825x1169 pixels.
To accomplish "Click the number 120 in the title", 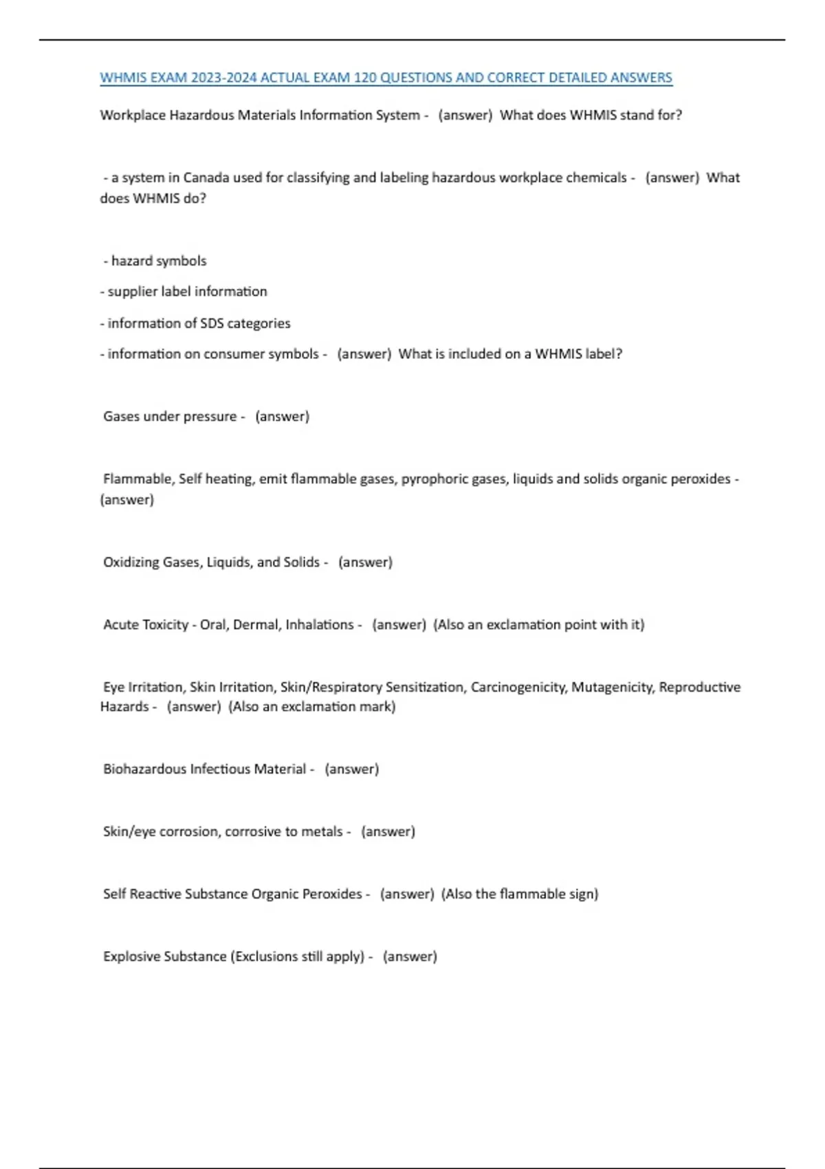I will point(364,78).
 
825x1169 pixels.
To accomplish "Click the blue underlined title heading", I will point(386,78).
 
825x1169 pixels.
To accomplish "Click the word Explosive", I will point(130,956).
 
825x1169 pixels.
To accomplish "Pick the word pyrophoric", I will point(432,479).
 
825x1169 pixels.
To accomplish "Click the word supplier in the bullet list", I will point(132,292).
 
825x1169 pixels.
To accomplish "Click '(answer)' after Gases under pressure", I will point(282,416).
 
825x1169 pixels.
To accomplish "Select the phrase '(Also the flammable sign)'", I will point(520,894).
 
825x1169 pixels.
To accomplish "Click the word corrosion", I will point(190,831).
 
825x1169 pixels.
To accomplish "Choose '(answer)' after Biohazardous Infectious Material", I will point(351,769).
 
